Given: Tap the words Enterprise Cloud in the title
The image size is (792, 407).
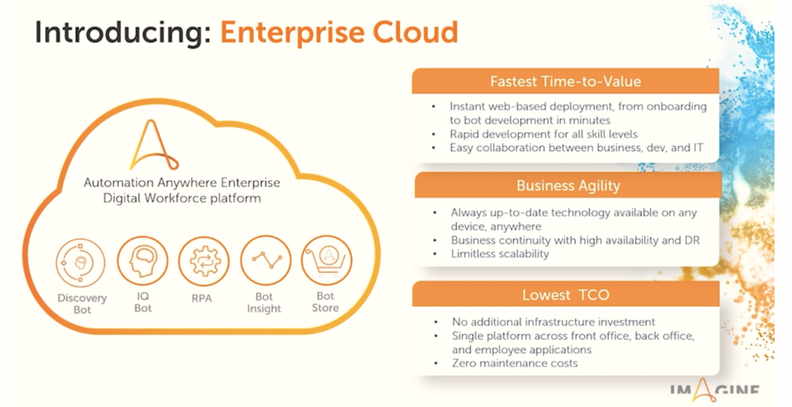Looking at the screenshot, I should coord(339,33).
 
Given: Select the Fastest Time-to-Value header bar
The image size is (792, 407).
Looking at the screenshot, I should coord(565,81).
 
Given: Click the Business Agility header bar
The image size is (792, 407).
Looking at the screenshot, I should coord(568,186).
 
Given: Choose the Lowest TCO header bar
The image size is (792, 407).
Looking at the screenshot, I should coord(565,295).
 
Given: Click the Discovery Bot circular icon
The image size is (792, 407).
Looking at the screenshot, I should coord(81,263).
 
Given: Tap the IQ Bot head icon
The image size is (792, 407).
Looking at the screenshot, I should coord(143,261).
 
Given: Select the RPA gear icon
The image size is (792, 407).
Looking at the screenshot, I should coord(204,261).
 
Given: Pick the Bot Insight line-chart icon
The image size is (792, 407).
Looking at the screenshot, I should coord(265,260).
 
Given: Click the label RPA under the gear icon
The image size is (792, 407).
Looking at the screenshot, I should coord(201,298).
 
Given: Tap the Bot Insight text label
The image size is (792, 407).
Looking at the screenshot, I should coord(264,303).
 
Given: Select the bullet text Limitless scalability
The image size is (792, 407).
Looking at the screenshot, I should coord(500,254).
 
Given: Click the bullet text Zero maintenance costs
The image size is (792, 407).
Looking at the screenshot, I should coord(515,363).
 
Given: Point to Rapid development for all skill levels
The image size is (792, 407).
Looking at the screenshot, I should coord(544,134).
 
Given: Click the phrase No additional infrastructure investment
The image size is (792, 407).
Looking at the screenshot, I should coord(553,322).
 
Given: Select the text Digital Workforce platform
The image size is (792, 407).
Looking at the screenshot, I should coord(182,198).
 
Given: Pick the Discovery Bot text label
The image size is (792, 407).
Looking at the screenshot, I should coord(82,304).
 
